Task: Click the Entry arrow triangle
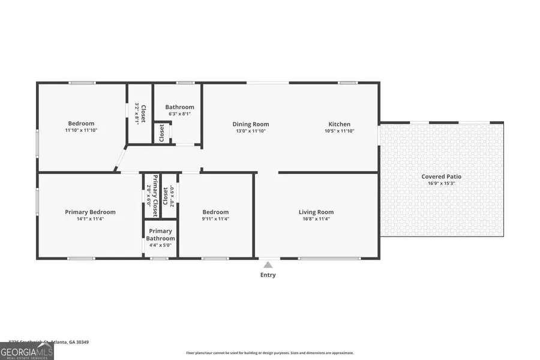[268, 265]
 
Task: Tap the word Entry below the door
[268, 275]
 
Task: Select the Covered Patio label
[441, 176]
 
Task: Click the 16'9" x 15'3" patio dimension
[441, 184]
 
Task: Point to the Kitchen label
[339, 124]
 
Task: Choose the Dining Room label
[251, 124]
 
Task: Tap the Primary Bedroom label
[90, 212]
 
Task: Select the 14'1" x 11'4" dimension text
[90, 219]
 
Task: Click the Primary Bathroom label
[160, 235]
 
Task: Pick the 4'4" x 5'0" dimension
[160, 245]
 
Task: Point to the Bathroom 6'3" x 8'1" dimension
[179, 114]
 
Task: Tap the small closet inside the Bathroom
[161, 133]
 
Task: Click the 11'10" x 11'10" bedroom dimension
[81, 130]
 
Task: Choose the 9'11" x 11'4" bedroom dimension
[215, 219]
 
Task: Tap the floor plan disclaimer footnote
[270, 353]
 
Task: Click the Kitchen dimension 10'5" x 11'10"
[339, 131]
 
